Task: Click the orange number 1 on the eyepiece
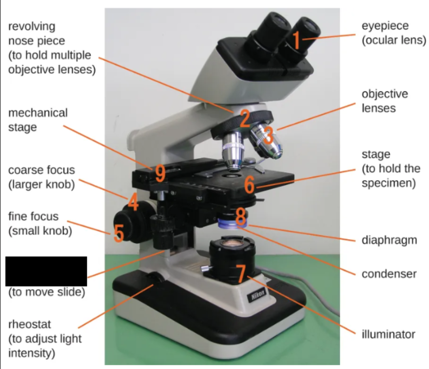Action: [x=297, y=40]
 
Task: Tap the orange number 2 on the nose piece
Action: [x=245, y=118]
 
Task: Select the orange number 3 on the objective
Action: [x=269, y=135]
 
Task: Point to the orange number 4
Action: [x=133, y=202]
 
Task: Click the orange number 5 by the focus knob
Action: [x=119, y=233]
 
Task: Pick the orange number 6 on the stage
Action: [x=249, y=184]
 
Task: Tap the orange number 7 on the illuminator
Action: [x=241, y=273]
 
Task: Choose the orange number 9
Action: [x=160, y=173]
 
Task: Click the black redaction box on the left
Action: [x=46, y=271]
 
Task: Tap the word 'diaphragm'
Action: [x=390, y=241]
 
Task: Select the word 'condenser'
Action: [x=389, y=274]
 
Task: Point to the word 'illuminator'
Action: [x=389, y=334]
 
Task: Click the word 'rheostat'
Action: [x=30, y=325]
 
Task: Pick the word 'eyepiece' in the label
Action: [x=385, y=26]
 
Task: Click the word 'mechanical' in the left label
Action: [x=38, y=113]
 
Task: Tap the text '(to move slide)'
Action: [x=47, y=292]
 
